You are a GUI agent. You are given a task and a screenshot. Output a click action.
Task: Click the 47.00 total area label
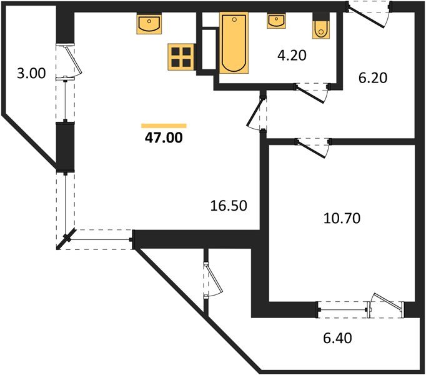164,138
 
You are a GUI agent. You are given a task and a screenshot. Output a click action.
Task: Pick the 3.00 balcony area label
31,73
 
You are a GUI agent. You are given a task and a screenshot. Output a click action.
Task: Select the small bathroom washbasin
276,21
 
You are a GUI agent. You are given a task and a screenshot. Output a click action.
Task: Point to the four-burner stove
181,56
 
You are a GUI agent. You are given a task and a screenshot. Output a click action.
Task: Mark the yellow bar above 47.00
164,126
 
